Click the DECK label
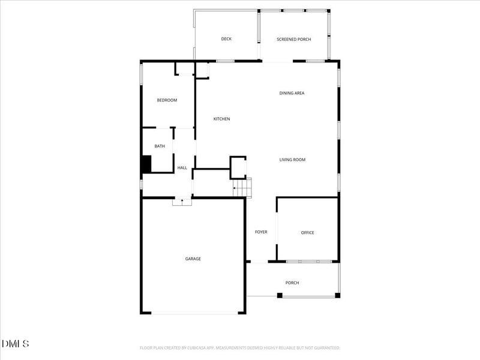point(226,39)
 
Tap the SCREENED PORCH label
point(293,40)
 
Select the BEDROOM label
point(167,100)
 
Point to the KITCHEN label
point(221,119)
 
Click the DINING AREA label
point(292,93)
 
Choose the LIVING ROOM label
point(292,160)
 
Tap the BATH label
point(160,146)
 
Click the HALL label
point(182,168)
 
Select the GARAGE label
point(193,259)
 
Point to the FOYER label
point(261,232)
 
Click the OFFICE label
point(307,233)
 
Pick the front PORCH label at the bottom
point(292,283)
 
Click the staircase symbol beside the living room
point(242,188)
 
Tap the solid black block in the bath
point(146,164)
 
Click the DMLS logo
point(16,344)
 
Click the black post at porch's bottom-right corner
point(337,295)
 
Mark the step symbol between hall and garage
point(182,202)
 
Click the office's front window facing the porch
point(308,262)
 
